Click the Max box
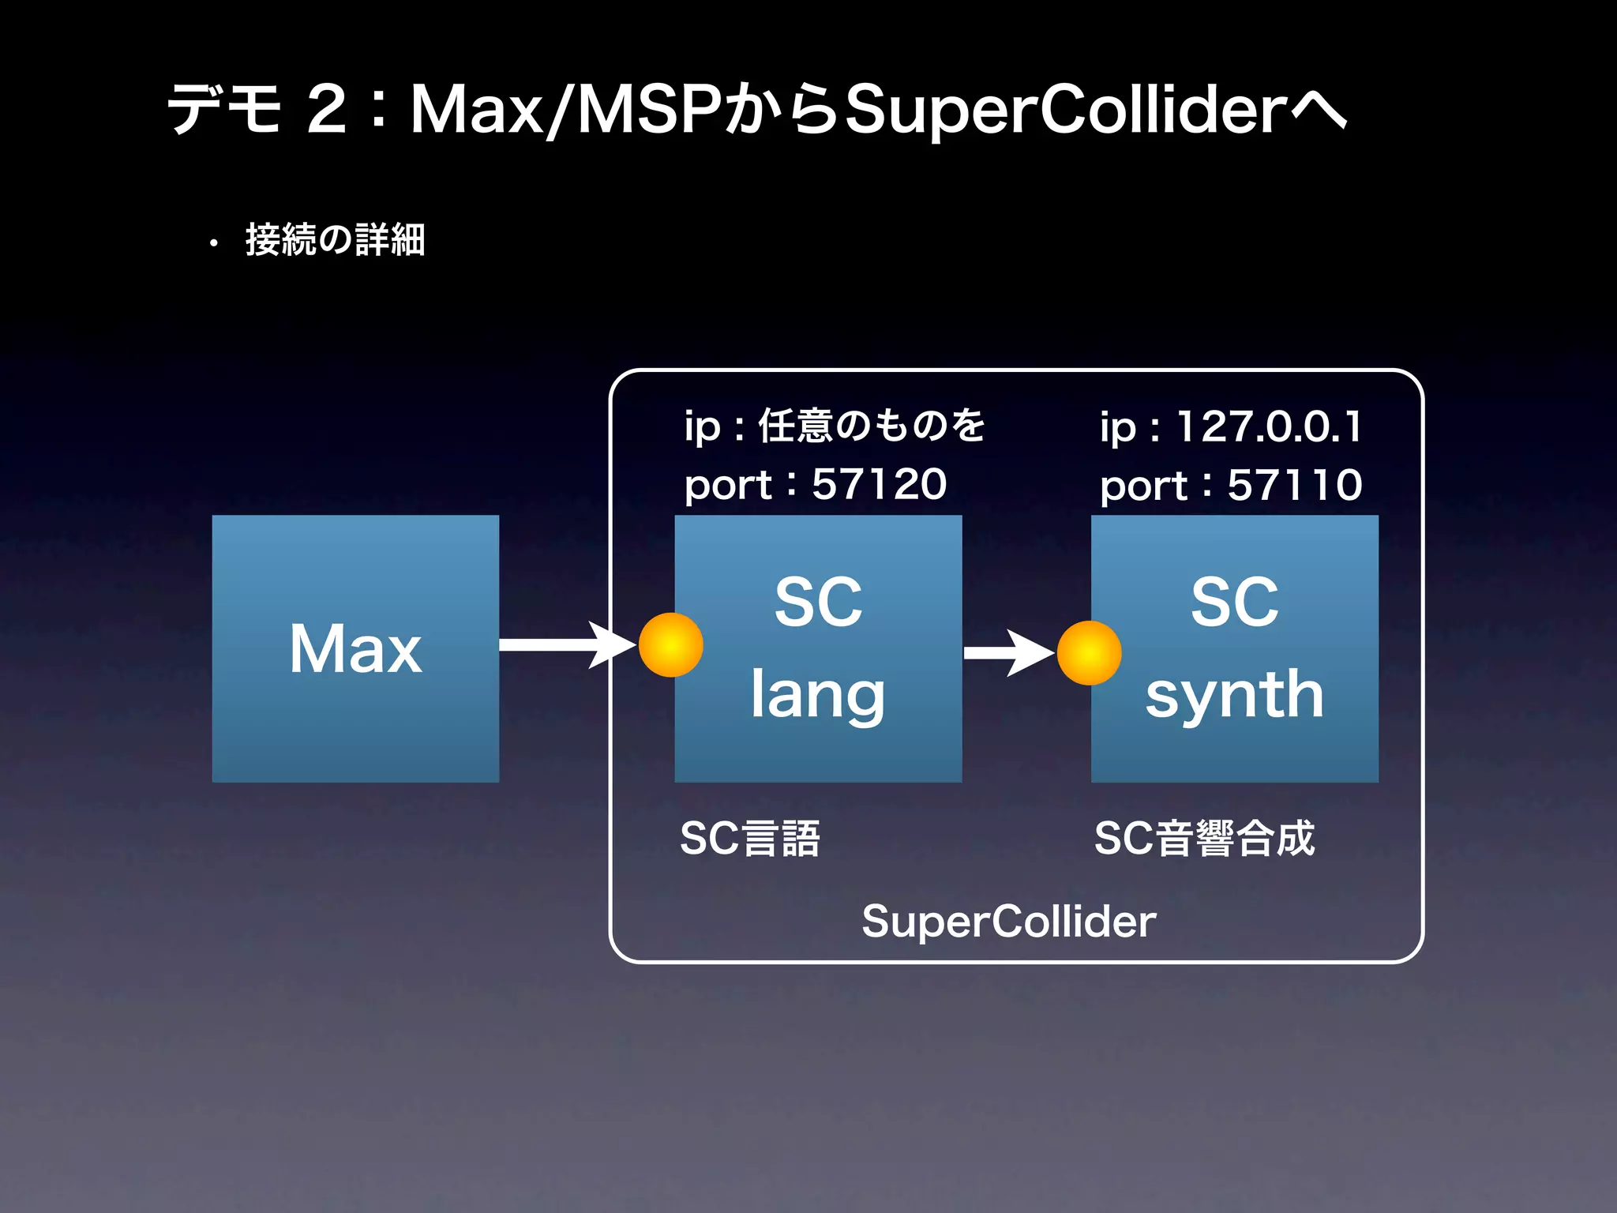click(355, 648)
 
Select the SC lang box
click(818, 648)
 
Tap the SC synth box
click(1235, 648)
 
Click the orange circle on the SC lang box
click(670, 645)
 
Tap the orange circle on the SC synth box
click(1089, 653)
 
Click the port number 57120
click(879, 483)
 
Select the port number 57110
click(1295, 484)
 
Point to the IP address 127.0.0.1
click(1269, 426)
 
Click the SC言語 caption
click(750, 838)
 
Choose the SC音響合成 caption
click(1204, 838)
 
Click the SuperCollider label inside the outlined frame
click(1008, 921)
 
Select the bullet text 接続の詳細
click(336, 239)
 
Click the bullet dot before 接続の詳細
click(213, 244)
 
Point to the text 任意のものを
click(872, 425)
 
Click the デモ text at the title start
click(224, 109)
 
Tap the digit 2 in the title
click(326, 109)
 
